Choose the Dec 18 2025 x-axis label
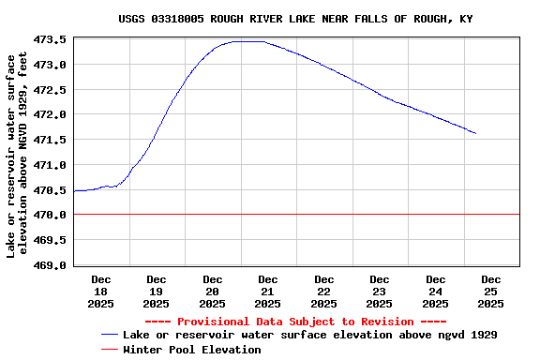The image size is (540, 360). (100, 291)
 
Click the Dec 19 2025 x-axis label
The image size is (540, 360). (157, 291)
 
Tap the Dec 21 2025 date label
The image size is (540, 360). (268, 291)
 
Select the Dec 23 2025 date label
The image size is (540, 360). (380, 291)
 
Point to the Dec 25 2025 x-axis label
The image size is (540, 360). (491, 291)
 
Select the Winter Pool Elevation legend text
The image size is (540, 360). (192, 350)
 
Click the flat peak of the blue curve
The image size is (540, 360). (247, 41)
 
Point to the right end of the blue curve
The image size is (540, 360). (475, 133)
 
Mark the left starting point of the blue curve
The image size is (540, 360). (75, 190)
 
